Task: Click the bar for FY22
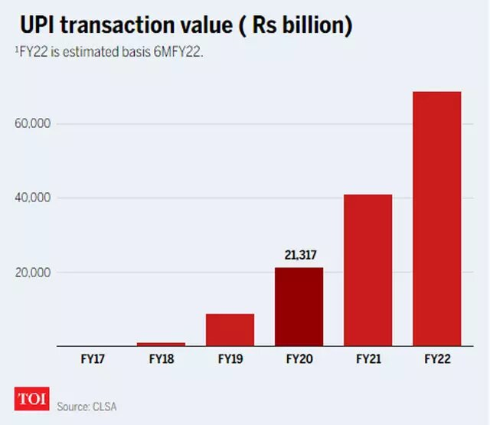point(436,218)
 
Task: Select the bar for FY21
point(368,270)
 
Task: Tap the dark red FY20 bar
point(299,306)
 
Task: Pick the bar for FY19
point(230,329)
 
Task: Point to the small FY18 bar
point(161,344)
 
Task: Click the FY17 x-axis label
point(92,358)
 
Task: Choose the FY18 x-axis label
point(161,358)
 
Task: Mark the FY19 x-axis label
point(230,358)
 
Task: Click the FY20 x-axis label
point(299,358)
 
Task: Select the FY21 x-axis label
point(368,358)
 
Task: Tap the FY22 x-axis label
point(436,358)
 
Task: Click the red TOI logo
point(31,400)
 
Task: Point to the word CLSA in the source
point(104,406)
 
